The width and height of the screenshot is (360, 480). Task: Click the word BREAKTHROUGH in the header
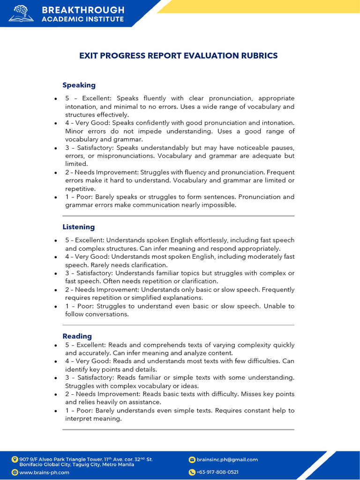(x=83, y=10)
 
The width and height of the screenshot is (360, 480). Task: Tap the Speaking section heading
(x=79, y=85)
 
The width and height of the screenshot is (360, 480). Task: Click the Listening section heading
(x=78, y=227)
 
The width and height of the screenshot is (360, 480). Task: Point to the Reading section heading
(x=77, y=336)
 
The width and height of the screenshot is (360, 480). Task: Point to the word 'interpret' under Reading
(x=79, y=419)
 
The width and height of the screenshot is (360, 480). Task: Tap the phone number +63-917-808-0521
(x=217, y=472)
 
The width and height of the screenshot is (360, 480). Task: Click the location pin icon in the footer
(x=15, y=459)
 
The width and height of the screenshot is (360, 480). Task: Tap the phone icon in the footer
(x=192, y=472)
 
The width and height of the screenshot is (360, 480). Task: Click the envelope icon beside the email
(x=192, y=460)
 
